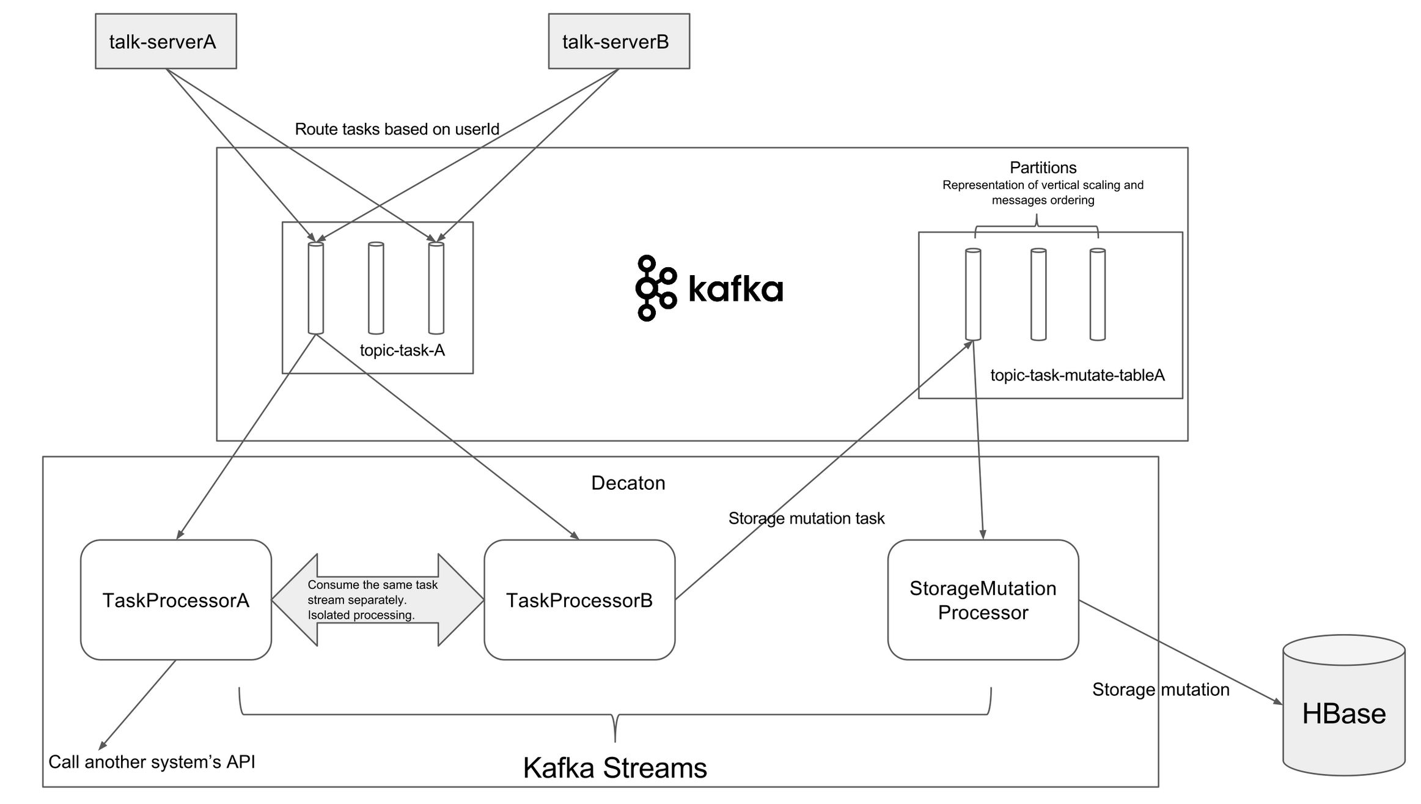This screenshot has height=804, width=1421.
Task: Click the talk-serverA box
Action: coord(166,42)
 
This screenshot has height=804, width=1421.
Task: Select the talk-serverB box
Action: coord(619,42)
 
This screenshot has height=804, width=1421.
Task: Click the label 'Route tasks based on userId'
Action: coord(397,129)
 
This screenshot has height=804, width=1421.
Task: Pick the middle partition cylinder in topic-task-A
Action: coord(376,288)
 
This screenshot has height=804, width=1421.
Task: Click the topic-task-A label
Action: coord(402,350)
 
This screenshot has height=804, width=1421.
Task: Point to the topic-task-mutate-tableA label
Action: coord(1077,375)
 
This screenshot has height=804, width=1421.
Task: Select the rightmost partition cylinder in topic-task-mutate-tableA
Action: coord(1097,294)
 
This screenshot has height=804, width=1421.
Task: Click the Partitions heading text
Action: coord(1043,168)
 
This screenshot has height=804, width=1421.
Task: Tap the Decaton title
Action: coord(628,483)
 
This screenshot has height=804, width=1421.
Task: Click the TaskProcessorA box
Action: coord(176,600)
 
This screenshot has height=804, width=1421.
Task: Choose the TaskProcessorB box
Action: coord(579,600)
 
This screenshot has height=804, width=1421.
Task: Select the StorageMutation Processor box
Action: coord(983,600)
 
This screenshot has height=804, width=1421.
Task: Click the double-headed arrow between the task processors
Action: coord(377,600)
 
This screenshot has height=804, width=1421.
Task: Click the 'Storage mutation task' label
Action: coord(806,518)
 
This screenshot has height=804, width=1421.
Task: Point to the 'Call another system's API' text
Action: coord(152,762)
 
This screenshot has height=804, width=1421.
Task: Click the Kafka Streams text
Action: coord(615,768)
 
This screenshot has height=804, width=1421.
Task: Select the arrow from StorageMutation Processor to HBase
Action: coord(1180,652)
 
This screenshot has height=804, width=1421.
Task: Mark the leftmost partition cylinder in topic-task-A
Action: coord(315,288)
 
